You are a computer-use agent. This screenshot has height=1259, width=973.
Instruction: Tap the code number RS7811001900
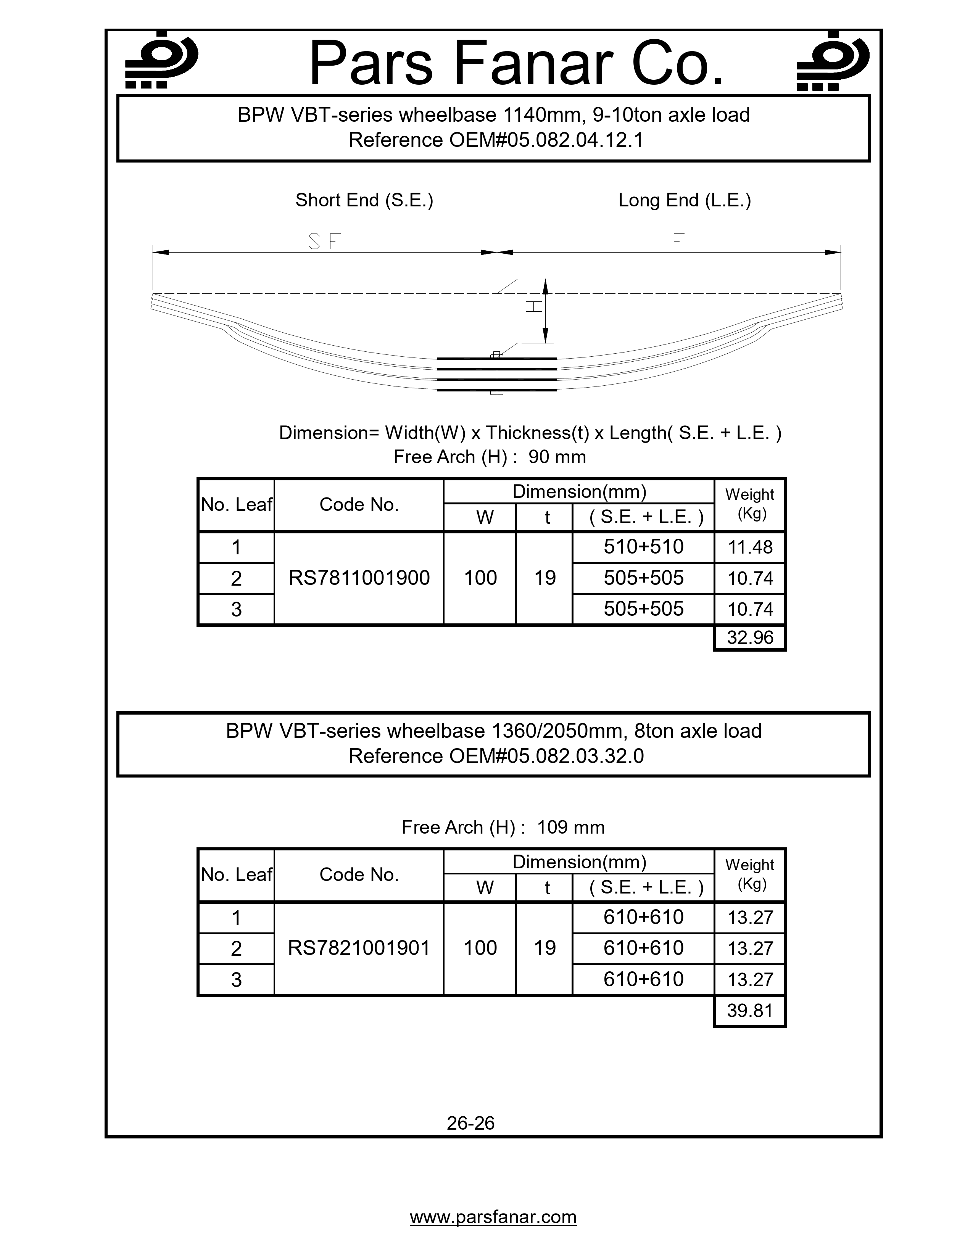pos(359,578)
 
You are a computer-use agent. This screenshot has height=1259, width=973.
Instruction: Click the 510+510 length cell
pos(643,546)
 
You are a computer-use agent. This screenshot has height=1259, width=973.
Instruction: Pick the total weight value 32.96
pos(750,638)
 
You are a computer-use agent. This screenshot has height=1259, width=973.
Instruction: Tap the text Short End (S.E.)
pos(364,200)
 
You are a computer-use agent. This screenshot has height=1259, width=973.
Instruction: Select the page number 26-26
pos(470,1123)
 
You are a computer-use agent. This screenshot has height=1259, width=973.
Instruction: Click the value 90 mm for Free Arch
pos(557,457)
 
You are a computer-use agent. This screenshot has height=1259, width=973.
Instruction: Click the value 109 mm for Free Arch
pos(571,827)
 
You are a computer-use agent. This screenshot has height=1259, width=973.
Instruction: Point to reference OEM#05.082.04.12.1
pos(496,140)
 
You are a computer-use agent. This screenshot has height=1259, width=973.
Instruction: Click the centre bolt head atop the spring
pos(497,356)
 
